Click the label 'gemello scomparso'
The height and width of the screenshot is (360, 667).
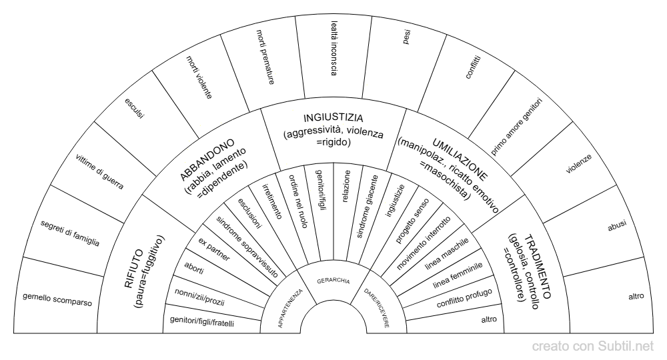click(x=57, y=299)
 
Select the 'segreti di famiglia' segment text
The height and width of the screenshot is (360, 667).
click(x=70, y=233)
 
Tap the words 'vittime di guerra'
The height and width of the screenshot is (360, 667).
click(x=99, y=172)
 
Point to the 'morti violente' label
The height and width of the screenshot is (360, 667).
click(x=199, y=77)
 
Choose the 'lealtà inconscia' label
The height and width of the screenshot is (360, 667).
click(x=334, y=49)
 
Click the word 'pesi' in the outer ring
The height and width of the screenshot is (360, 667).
click(x=407, y=37)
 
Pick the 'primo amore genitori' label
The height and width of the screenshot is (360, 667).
click(x=516, y=127)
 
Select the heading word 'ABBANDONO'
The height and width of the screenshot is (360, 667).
click(x=207, y=159)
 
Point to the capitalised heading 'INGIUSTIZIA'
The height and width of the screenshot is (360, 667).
click(x=333, y=118)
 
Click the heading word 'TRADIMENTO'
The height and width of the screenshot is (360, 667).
click(x=537, y=267)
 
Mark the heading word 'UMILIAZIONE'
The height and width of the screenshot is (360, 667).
click(x=460, y=159)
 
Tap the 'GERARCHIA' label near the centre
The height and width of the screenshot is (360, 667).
click(x=333, y=281)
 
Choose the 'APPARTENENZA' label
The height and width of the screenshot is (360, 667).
click(x=290, y=308)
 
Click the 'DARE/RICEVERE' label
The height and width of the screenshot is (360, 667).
click(x=376, y=308)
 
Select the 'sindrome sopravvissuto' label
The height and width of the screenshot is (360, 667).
click(x=247, y=247)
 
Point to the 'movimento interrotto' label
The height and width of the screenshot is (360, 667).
click(x=424, y=243)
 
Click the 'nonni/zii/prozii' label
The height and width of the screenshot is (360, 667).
click(x=199, y=297)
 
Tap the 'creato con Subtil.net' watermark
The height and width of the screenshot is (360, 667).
click(x=592, y=347)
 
